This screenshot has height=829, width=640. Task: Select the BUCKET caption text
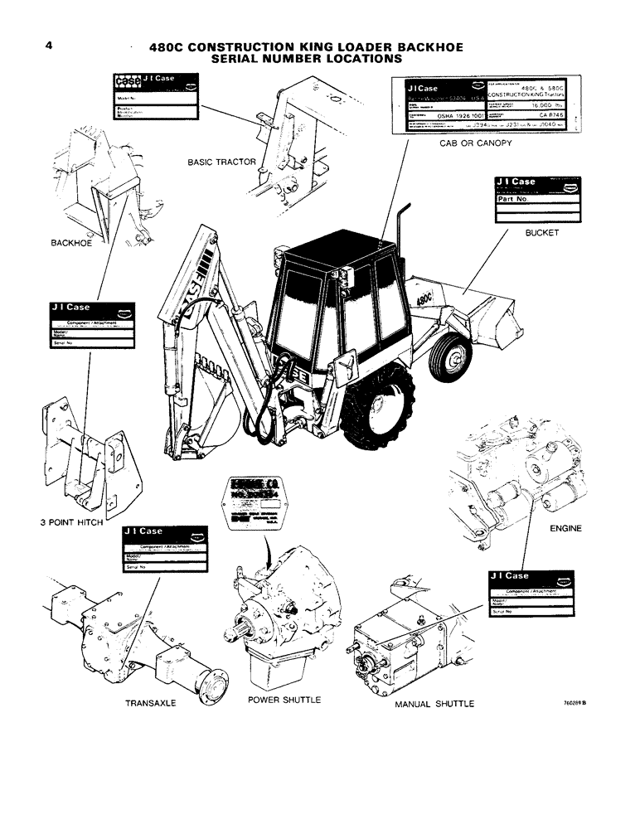[x=542, y=233]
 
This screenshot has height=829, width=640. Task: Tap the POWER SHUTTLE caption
[x=284, y=700]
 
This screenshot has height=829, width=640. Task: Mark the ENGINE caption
[x=565, y=527]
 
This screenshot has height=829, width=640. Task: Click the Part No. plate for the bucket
[x=536, y=201]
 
